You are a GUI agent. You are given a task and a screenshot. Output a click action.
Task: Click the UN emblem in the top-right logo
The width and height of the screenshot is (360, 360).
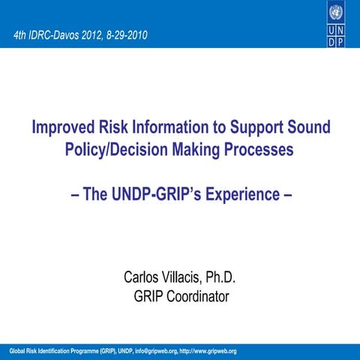[336, 13]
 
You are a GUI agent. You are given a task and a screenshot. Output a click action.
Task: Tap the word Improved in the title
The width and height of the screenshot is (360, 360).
[64, 127]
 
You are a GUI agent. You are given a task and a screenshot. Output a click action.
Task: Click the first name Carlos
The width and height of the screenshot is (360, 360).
[143, 279]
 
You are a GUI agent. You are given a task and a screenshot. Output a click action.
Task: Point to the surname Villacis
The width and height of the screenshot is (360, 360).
[187, 279]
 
